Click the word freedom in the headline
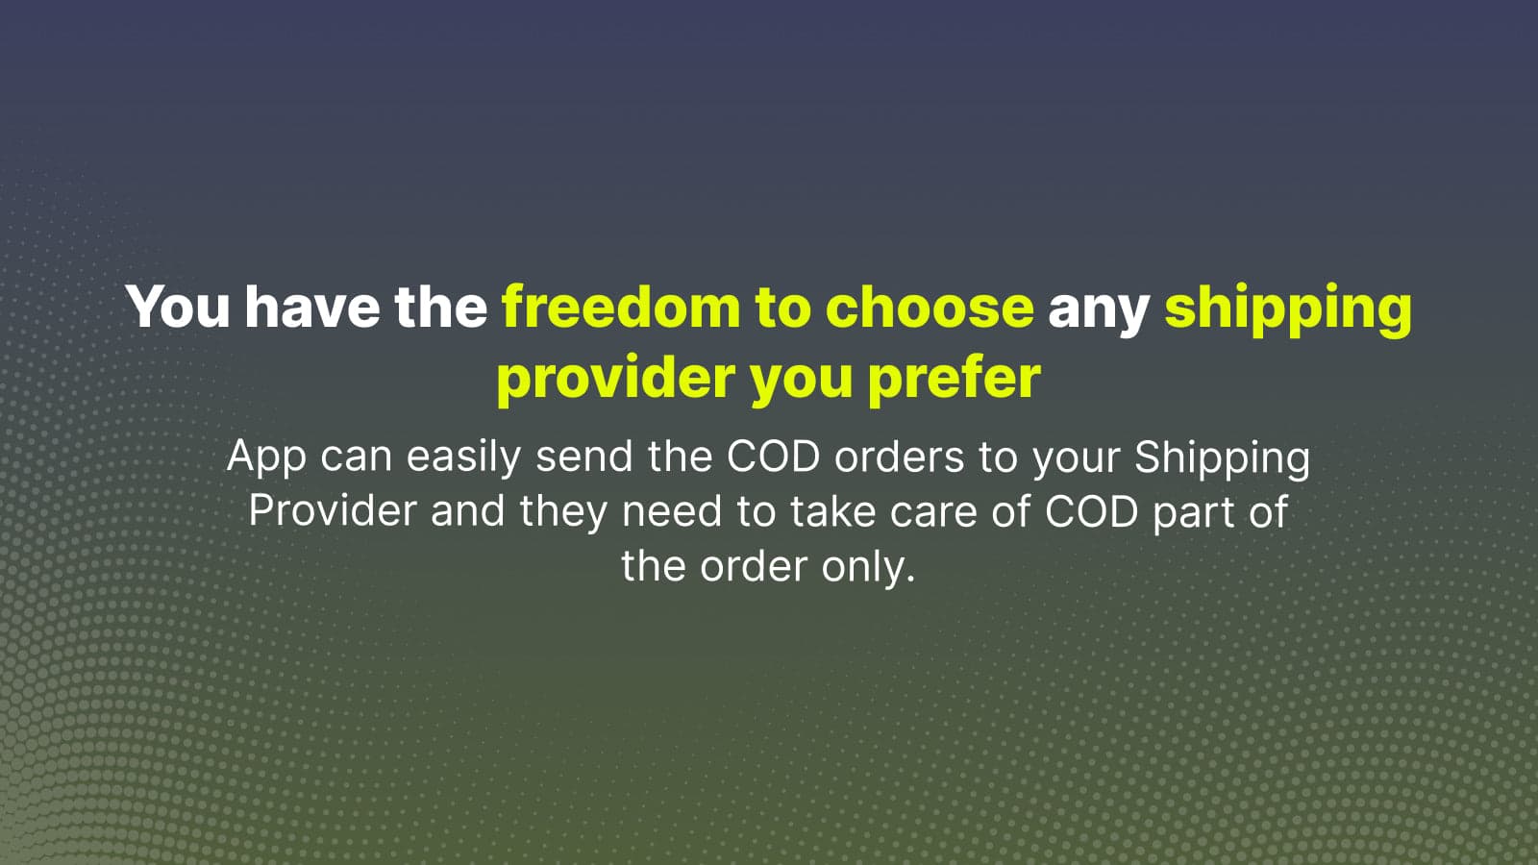(x=621, y=307)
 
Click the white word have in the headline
(x=312, y=307)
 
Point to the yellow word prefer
(x=955, y=379)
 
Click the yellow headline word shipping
(x=1288, y=310)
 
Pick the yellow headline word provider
(x=616, y=379)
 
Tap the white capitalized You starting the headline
(x=177, y=307)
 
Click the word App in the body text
(x=266, y=457)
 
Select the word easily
(x=463, y=457)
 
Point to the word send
(x=584, y=456)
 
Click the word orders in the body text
(x=900, y=456)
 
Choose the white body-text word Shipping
(x=1222, y=457)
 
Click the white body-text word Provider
(x=333, y=510)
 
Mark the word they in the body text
(x=563, y=513)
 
